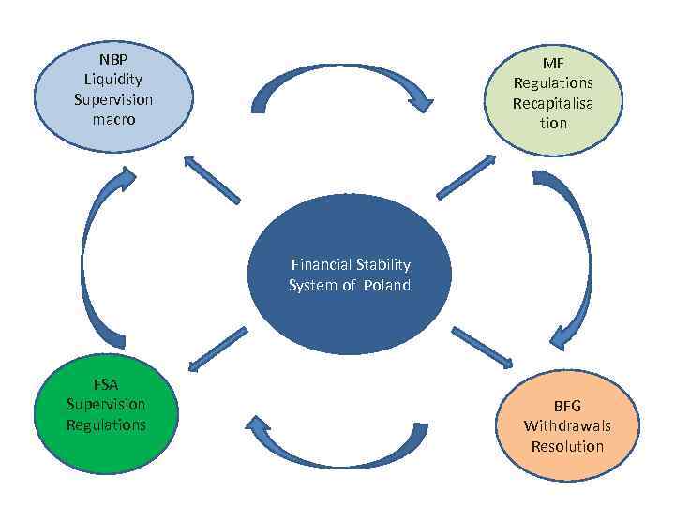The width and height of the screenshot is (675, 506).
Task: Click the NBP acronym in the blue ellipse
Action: pyautogui.click(x=113, y=57)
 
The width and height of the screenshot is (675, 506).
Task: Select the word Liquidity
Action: pyautogui.click(x=113, y=78)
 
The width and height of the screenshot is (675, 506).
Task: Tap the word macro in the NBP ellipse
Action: pyautogui.click(x=113, y=119)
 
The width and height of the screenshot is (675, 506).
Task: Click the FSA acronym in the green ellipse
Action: pyautogui.click(x=106, y=384)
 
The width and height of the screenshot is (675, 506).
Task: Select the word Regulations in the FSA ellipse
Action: pyautogui.click(x=106, y=424)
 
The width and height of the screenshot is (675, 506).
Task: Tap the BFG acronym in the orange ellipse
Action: pyautogui.click(x=567, y=406)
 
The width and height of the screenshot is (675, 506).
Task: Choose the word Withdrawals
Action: pyautogui.click(x=567, y=425)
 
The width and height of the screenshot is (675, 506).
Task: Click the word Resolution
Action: pyautogui.click(x=567, y=446)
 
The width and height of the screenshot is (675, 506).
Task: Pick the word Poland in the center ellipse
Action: pyautogui.click(x=388, y=285)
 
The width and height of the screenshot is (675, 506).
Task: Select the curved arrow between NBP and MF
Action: pyautogui.click(x=342, y=85)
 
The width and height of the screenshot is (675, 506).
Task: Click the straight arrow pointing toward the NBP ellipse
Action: pyautogui.click(x=213, y=180)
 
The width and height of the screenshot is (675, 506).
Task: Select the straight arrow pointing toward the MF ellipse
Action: pyautogui.click(x=466, y=177)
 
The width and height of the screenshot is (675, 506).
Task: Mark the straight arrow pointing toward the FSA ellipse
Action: pyautogui.click(x=217, y=349)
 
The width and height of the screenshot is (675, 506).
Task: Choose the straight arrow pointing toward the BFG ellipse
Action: pyautogui.click(x=482, y=348)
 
